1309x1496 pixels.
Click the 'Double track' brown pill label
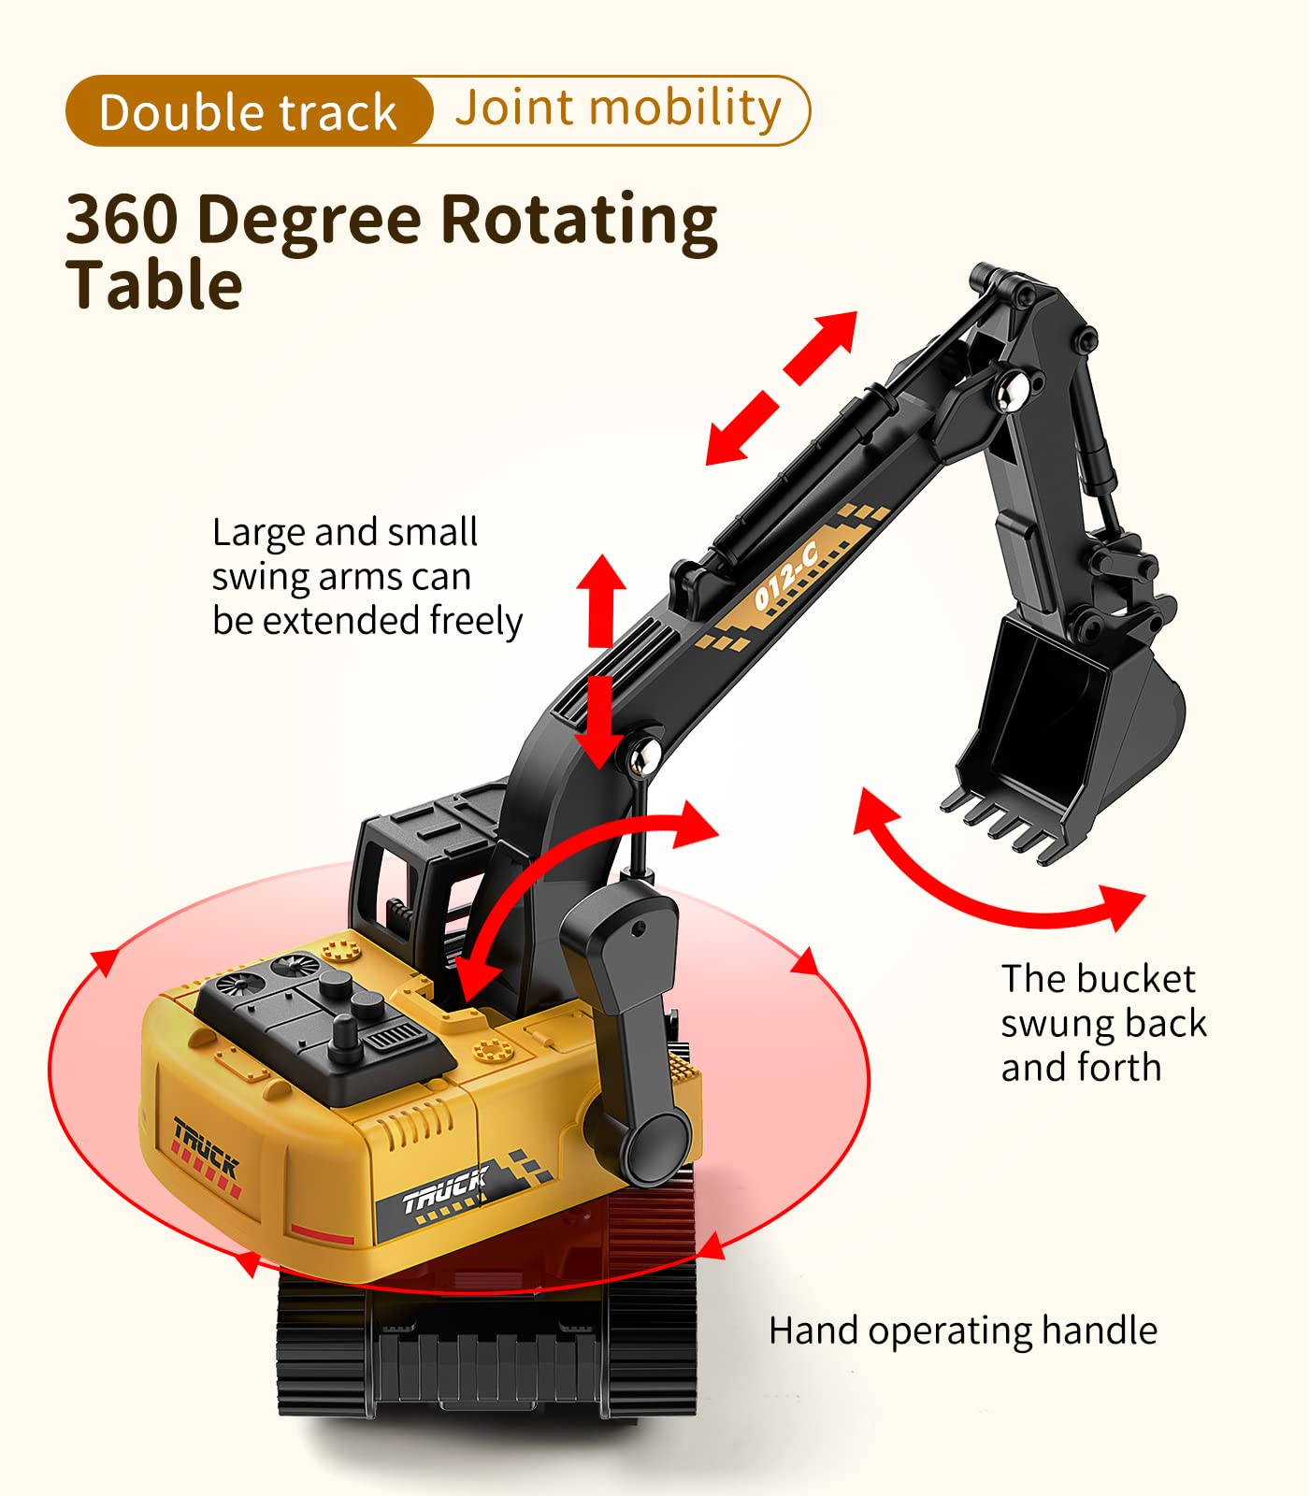coord(248,111)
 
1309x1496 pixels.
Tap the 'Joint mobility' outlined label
coord(618,108)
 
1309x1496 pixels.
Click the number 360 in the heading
coord(122,220)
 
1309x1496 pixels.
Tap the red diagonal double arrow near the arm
coord(781,387)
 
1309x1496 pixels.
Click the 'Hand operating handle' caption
coord(962,1331)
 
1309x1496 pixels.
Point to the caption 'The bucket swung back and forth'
coord(1103,1023)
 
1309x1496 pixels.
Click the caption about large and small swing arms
coord(367,577)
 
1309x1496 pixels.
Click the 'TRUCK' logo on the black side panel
coord(445,1190)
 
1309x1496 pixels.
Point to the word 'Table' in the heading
coord(154,285)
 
